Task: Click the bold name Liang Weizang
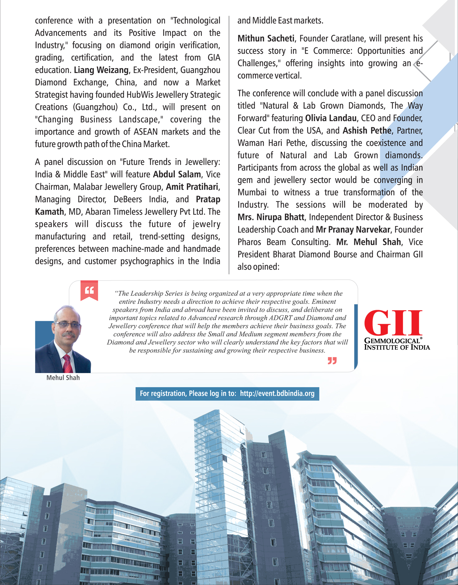tap(101, 70)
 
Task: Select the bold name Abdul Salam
tap(177, 175)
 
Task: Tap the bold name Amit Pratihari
tap(192, 187)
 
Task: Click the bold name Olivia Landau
tap(331, 118)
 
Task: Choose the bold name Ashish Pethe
tap(367, 131)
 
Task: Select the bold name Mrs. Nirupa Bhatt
tap(271, 217)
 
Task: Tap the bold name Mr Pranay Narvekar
tap(353, 230)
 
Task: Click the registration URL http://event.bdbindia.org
tap(277, 394)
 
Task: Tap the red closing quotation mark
tap(332, 361)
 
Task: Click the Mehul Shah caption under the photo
tap(63, 378)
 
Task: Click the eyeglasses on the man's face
tap(67, 325)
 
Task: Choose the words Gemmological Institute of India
tap(397, 344)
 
